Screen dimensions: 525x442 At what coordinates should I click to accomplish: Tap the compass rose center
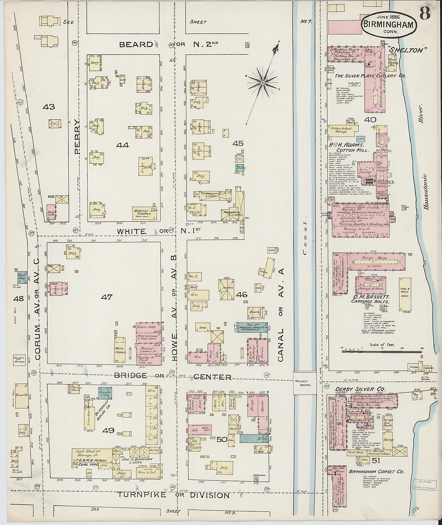(x=262, y=83)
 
